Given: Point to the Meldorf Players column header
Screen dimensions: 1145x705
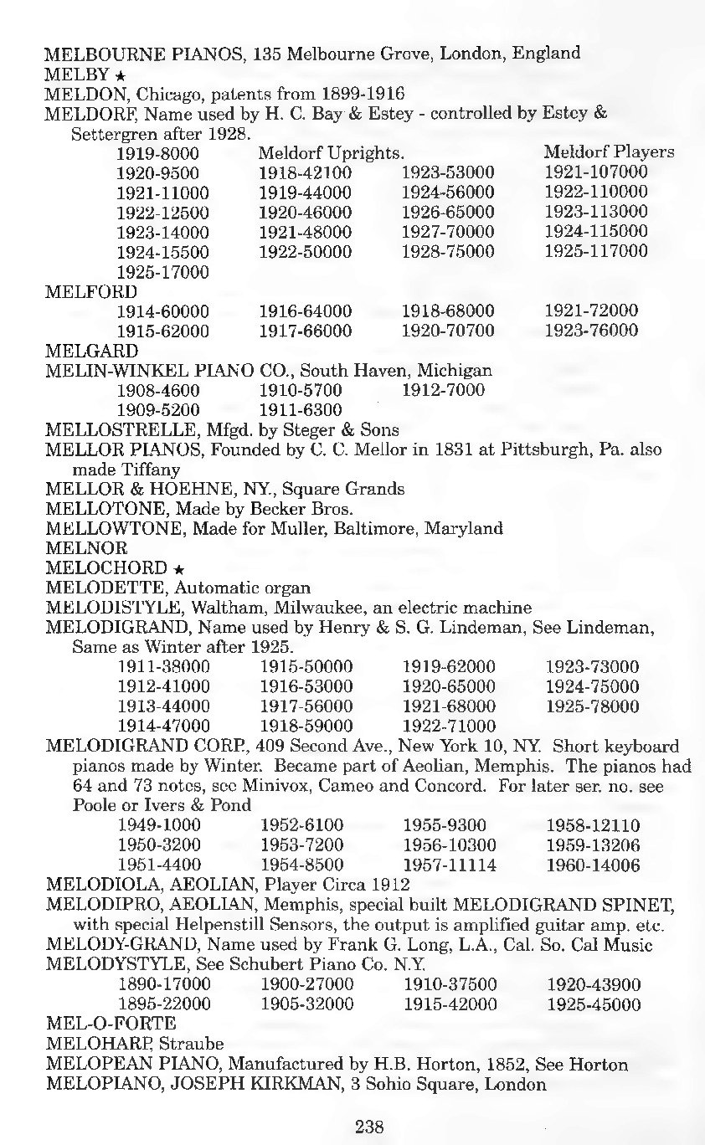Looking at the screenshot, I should point(609,152).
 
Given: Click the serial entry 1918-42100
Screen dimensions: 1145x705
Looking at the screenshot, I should point(305,173).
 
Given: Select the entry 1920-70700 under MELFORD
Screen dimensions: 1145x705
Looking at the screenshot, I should point(448,331).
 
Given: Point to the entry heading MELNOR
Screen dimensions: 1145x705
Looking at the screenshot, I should point(86,549).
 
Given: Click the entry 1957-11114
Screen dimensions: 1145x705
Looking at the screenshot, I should point(449,865).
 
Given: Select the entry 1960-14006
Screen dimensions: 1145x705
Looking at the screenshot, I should point(593,865).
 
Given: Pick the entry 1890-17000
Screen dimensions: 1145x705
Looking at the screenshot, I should point(164,983).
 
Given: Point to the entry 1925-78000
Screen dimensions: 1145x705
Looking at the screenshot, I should point(592,706).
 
